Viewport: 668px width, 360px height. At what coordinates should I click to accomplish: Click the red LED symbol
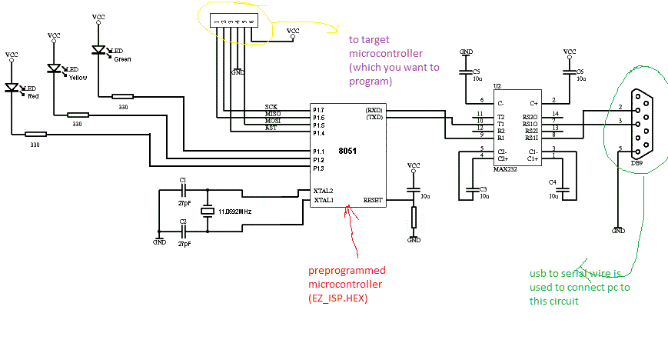click(12, 88)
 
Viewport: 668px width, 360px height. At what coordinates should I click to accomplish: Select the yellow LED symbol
click(54, 68)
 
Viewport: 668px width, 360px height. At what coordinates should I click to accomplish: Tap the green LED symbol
click(98, 50)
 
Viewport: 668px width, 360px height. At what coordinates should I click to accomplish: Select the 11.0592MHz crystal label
click(234, 210)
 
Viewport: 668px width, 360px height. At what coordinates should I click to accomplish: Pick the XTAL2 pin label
click(323, 191)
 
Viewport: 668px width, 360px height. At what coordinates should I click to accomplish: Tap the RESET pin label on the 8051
click(373, 200)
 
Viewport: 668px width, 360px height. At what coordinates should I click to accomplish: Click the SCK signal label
click(271, 107)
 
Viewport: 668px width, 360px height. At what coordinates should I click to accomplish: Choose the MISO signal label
click(272, 115)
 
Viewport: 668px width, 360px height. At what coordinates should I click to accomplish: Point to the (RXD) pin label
click(374, 110)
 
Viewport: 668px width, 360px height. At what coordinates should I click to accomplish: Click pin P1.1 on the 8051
click(319, 151)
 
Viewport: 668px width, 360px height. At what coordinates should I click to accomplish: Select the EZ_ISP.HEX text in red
click(337, 298)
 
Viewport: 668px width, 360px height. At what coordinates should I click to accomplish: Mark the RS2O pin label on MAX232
click(530, 116)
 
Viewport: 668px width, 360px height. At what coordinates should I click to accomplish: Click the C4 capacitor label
click(552, 182)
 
